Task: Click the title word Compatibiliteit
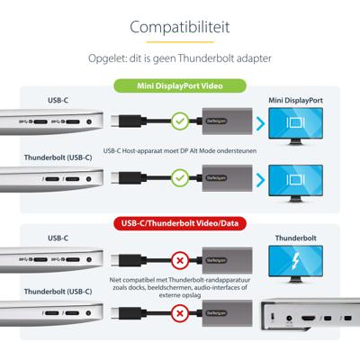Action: tap(180, 28)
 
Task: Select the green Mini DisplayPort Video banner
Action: tap(180, 87)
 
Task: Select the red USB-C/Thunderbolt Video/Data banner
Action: tap(180, 222)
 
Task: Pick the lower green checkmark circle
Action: tap(179, 178)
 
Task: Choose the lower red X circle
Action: tap(179, 315)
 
